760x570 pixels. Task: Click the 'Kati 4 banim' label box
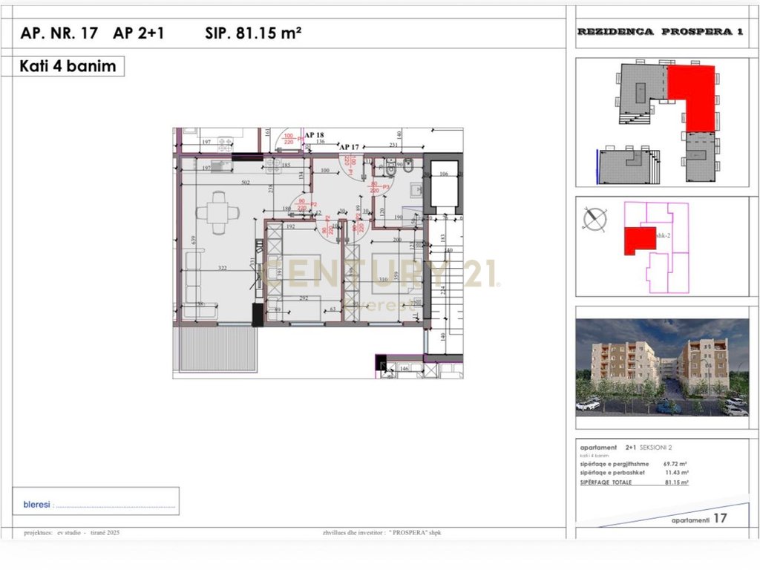click(69, 66)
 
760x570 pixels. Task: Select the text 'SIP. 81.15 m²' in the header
click(252, 33)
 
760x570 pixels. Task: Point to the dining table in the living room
click(217, 214)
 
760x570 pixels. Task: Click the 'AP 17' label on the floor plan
click(349, 147)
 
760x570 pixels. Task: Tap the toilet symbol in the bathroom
click(390, 171)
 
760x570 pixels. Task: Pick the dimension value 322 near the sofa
click(221, 267)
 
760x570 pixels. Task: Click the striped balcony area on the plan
click(214, 349)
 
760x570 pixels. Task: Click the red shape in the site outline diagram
click(638, 239)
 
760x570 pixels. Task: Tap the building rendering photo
click(661, 367)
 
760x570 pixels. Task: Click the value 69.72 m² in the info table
click(676, 464)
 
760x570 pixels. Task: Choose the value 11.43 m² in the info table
click(676, 473)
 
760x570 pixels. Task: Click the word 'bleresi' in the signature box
click(36, 504)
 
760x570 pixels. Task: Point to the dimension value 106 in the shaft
click(444, 174)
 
